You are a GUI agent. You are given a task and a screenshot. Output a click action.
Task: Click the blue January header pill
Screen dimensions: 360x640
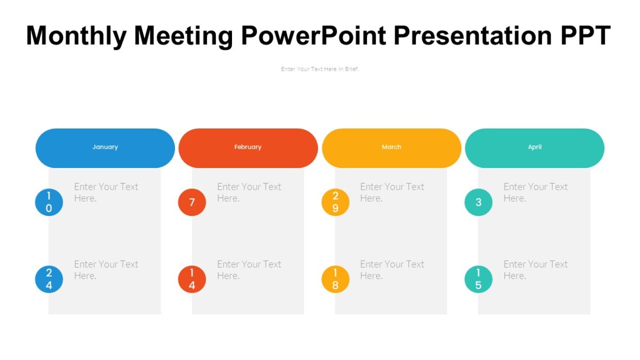pos(105,148)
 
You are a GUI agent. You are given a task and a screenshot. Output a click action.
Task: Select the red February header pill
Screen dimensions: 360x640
pos(248,148)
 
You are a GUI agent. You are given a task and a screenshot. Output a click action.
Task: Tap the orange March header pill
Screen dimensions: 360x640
pos(391,148)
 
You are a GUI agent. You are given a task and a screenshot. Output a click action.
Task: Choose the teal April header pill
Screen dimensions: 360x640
pos(534,148)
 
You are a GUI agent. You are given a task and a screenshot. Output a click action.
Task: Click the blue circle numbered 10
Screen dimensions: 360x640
pos(49,203)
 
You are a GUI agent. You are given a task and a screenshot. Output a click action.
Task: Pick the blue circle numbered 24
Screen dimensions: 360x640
pos(49,279)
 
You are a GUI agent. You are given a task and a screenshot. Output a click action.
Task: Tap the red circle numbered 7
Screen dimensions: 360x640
pos(192,203)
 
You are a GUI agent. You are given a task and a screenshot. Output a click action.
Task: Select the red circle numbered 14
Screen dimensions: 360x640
pos(192,279)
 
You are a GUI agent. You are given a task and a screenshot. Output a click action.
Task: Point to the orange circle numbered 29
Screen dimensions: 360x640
pos(335,203)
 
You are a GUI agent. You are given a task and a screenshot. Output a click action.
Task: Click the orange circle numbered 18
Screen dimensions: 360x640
pos(335,279)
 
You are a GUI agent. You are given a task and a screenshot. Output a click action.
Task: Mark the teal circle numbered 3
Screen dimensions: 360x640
pos(478,203)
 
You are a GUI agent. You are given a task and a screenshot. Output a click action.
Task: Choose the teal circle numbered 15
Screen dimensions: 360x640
pos(478,279)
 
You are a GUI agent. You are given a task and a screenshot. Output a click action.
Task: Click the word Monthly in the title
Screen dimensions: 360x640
pos(76,36)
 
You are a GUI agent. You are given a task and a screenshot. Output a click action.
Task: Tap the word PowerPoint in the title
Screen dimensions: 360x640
pos(314,36)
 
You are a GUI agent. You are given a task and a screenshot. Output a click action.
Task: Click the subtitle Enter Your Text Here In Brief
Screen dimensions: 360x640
pos(320,69)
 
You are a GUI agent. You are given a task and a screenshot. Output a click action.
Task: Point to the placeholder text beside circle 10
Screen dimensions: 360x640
pos(106,193)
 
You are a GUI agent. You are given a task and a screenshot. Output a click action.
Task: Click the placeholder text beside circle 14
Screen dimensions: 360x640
pos(249,270)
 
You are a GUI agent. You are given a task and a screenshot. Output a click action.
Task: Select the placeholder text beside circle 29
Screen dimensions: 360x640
pos(392,193)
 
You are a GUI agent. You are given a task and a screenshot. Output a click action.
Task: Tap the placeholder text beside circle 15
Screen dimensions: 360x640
pos(535,270)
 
